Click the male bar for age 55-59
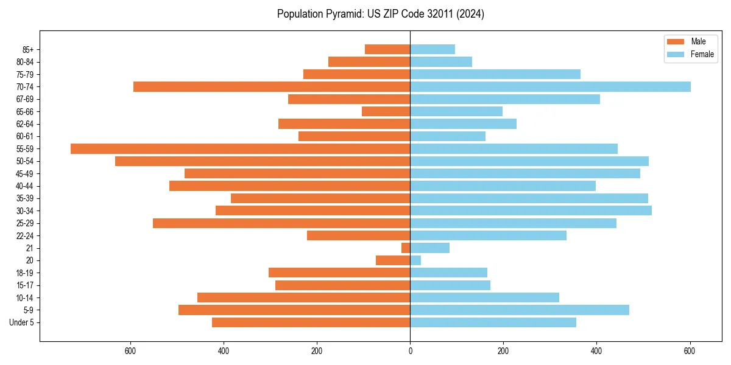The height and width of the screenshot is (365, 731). (240, 148)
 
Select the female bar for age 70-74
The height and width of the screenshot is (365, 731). (550, 86)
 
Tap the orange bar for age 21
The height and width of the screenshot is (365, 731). (406, 248)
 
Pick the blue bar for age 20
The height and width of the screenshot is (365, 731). (415, 260)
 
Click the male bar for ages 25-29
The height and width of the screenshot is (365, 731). (281, 223)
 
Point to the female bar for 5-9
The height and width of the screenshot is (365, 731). (520, 310)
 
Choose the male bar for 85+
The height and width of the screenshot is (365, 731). (387, 49)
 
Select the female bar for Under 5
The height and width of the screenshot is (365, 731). (493, 322)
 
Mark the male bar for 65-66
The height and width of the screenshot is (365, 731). (386, 111)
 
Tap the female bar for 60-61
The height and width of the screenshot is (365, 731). (448, 136)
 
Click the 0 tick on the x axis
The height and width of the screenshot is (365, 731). (410, 351)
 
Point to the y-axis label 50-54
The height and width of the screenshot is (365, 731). (25, 161)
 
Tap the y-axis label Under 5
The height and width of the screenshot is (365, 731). (22, 322)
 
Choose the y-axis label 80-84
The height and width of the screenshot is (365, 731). (25, 62)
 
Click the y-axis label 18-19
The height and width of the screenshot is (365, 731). (25, 273)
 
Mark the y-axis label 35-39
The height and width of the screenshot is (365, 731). (25, 198)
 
